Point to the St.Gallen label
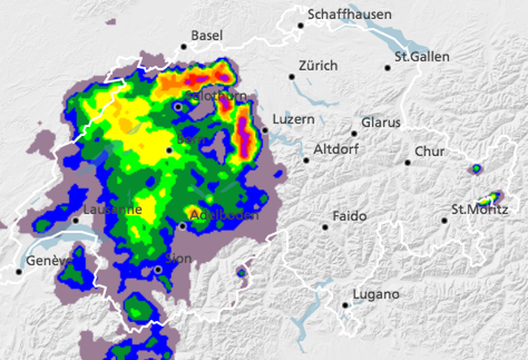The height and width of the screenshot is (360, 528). point(423,57)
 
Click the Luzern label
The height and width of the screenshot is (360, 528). point(293,120)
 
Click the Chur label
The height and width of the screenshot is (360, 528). point(429,151)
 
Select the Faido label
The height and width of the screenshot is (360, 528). point(350,217)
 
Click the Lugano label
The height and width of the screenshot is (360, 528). point(376,295)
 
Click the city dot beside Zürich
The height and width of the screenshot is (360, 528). point(292,76)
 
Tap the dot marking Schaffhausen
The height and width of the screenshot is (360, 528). point(301,25)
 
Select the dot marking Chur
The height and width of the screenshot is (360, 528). point(408,162)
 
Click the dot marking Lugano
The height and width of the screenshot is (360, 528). point(346,306)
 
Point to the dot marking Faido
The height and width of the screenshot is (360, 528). point(325,227)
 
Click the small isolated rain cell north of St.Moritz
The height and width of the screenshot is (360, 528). point(474,169)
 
